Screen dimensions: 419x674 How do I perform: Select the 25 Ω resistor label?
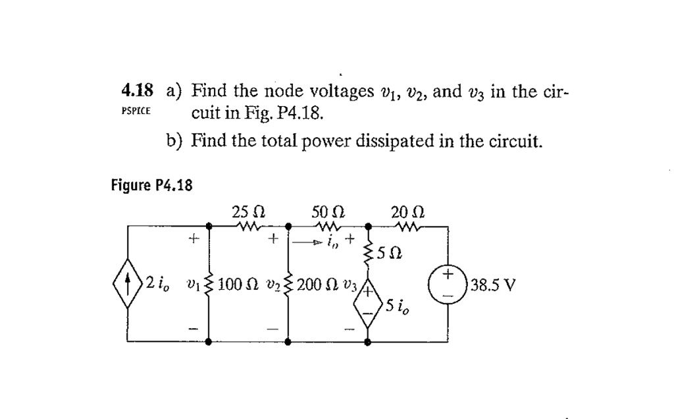[249, 213]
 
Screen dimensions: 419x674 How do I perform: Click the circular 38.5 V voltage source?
[448, 285]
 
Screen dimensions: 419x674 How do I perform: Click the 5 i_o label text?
[398, 306]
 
